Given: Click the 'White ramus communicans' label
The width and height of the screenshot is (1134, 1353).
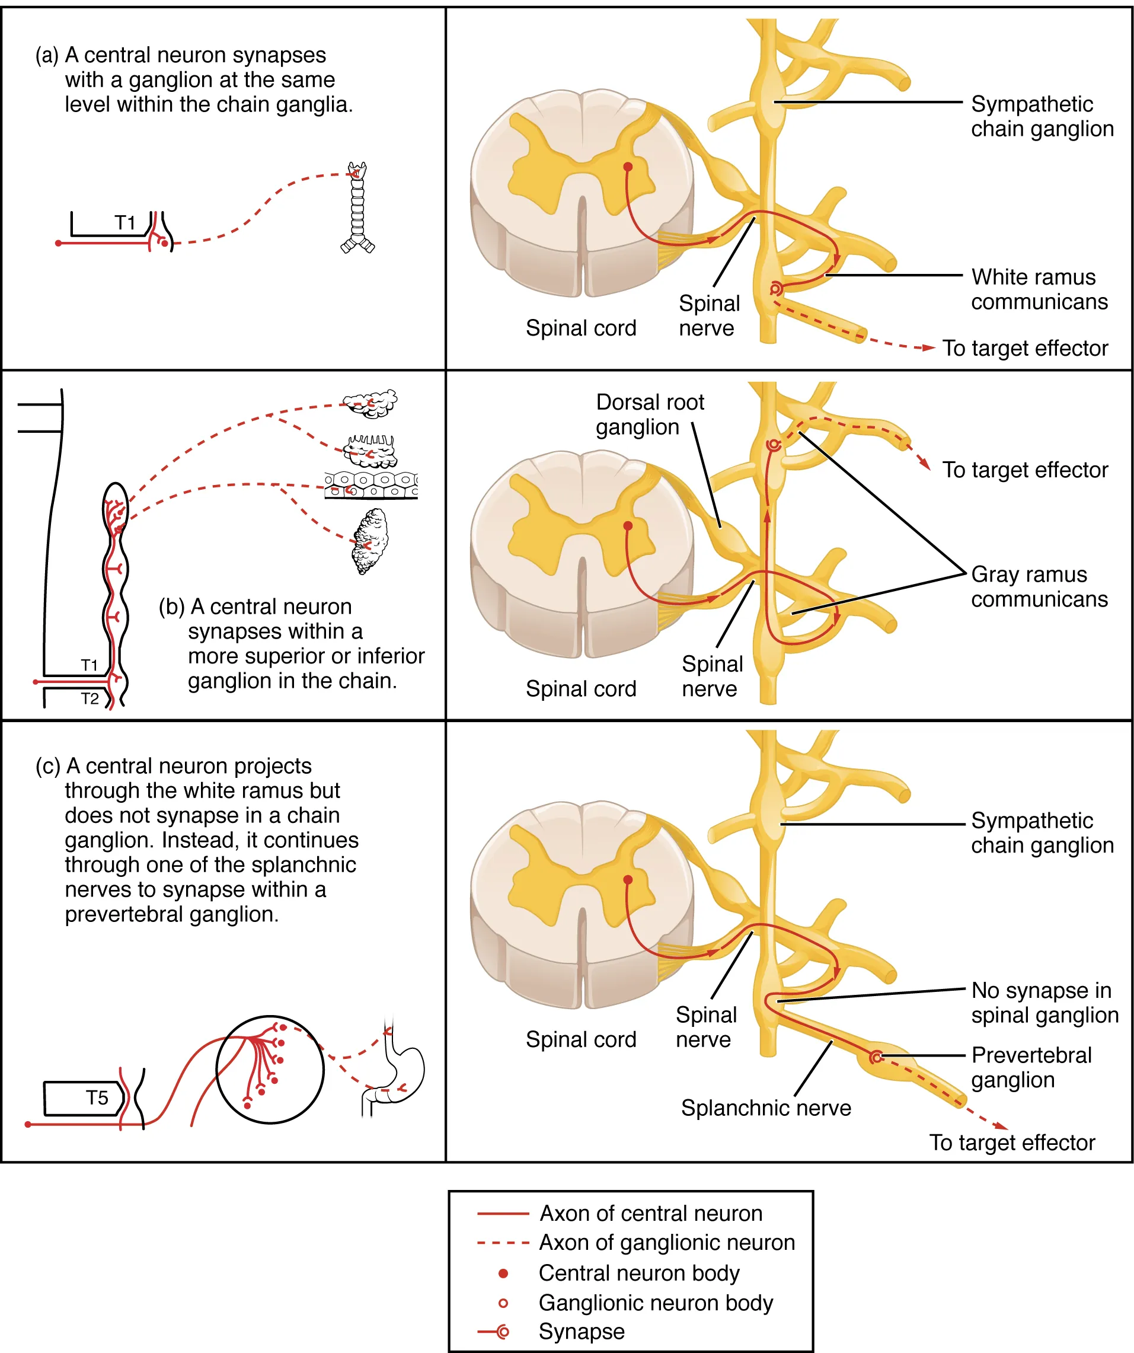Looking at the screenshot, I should click(x=1039, y=289).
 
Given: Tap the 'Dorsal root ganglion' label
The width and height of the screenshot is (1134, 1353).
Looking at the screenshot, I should click(x=649, y=414).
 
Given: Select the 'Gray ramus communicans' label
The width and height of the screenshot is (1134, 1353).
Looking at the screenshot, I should click(x=1039, y=587).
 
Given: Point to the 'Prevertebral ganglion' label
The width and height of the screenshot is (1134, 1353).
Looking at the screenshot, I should click(x=1031, y=1068).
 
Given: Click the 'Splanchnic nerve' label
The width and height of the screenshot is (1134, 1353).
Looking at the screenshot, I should click(x=765, y=1108).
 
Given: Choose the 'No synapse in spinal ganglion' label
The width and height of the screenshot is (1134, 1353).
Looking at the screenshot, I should click(x=1044, y=1003).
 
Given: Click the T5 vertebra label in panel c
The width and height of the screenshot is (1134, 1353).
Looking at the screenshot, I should click(x=97, y=1098).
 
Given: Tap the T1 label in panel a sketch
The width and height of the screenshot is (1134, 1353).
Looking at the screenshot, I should click(x=125, y=223).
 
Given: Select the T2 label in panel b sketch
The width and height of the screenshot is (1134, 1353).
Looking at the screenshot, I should click(x=90, y=698).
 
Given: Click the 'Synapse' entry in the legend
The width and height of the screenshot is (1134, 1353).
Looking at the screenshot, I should click(x=580, y=1331).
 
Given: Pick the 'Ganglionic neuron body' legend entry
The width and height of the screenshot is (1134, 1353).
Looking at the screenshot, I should click(x=654, y=1303).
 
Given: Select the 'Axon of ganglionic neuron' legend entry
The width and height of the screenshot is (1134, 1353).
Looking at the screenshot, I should click(x=666, y=1242).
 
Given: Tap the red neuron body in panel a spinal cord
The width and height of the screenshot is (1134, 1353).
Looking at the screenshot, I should click(x=628, y=167).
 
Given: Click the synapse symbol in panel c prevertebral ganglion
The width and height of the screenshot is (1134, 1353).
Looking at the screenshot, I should click(x=875, y=1057).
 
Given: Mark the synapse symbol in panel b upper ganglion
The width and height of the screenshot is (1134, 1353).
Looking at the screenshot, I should click(x=772, y=445).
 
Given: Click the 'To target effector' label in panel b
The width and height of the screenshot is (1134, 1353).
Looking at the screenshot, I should click(x=1024, y=470).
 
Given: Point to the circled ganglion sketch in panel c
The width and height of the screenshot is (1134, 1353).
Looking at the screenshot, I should click(x=269, y=1070).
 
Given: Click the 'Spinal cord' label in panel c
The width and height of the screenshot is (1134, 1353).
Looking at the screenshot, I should click(x=580, y=1039).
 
